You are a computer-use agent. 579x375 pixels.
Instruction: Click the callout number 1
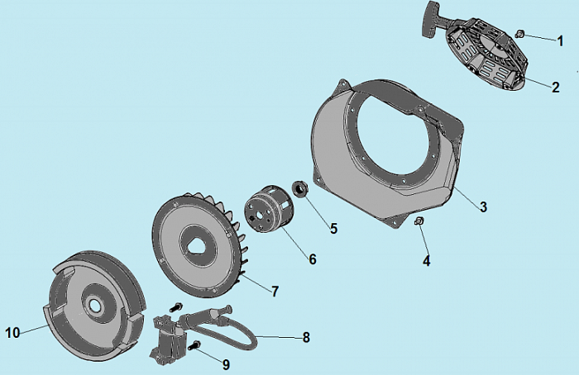tap(561, 41)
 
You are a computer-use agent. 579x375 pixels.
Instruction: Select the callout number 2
tap(556, 88)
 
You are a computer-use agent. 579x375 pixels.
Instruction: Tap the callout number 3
tap(483, 206)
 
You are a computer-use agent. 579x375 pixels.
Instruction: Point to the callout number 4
tap(427, 261)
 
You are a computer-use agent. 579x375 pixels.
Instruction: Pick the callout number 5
tap(334, 229)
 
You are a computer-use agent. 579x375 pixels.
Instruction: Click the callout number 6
tap(313, 259)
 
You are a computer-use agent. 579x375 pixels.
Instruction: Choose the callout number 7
tap(275, 292)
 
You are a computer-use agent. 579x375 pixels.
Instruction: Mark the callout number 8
tap(306, 337)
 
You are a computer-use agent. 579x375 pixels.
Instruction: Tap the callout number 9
tap(226, 365)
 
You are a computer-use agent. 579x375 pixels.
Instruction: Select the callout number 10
tap(12, 333)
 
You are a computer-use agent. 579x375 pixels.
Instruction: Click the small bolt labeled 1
tap(519, 34)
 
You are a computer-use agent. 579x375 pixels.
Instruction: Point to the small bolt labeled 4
tap(419, 221)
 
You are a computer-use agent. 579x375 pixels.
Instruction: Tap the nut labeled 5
tap(299, 189)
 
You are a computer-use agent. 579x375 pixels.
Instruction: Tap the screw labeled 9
tap(194, 346)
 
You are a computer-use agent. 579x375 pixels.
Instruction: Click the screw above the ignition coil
tap(176, 306)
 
